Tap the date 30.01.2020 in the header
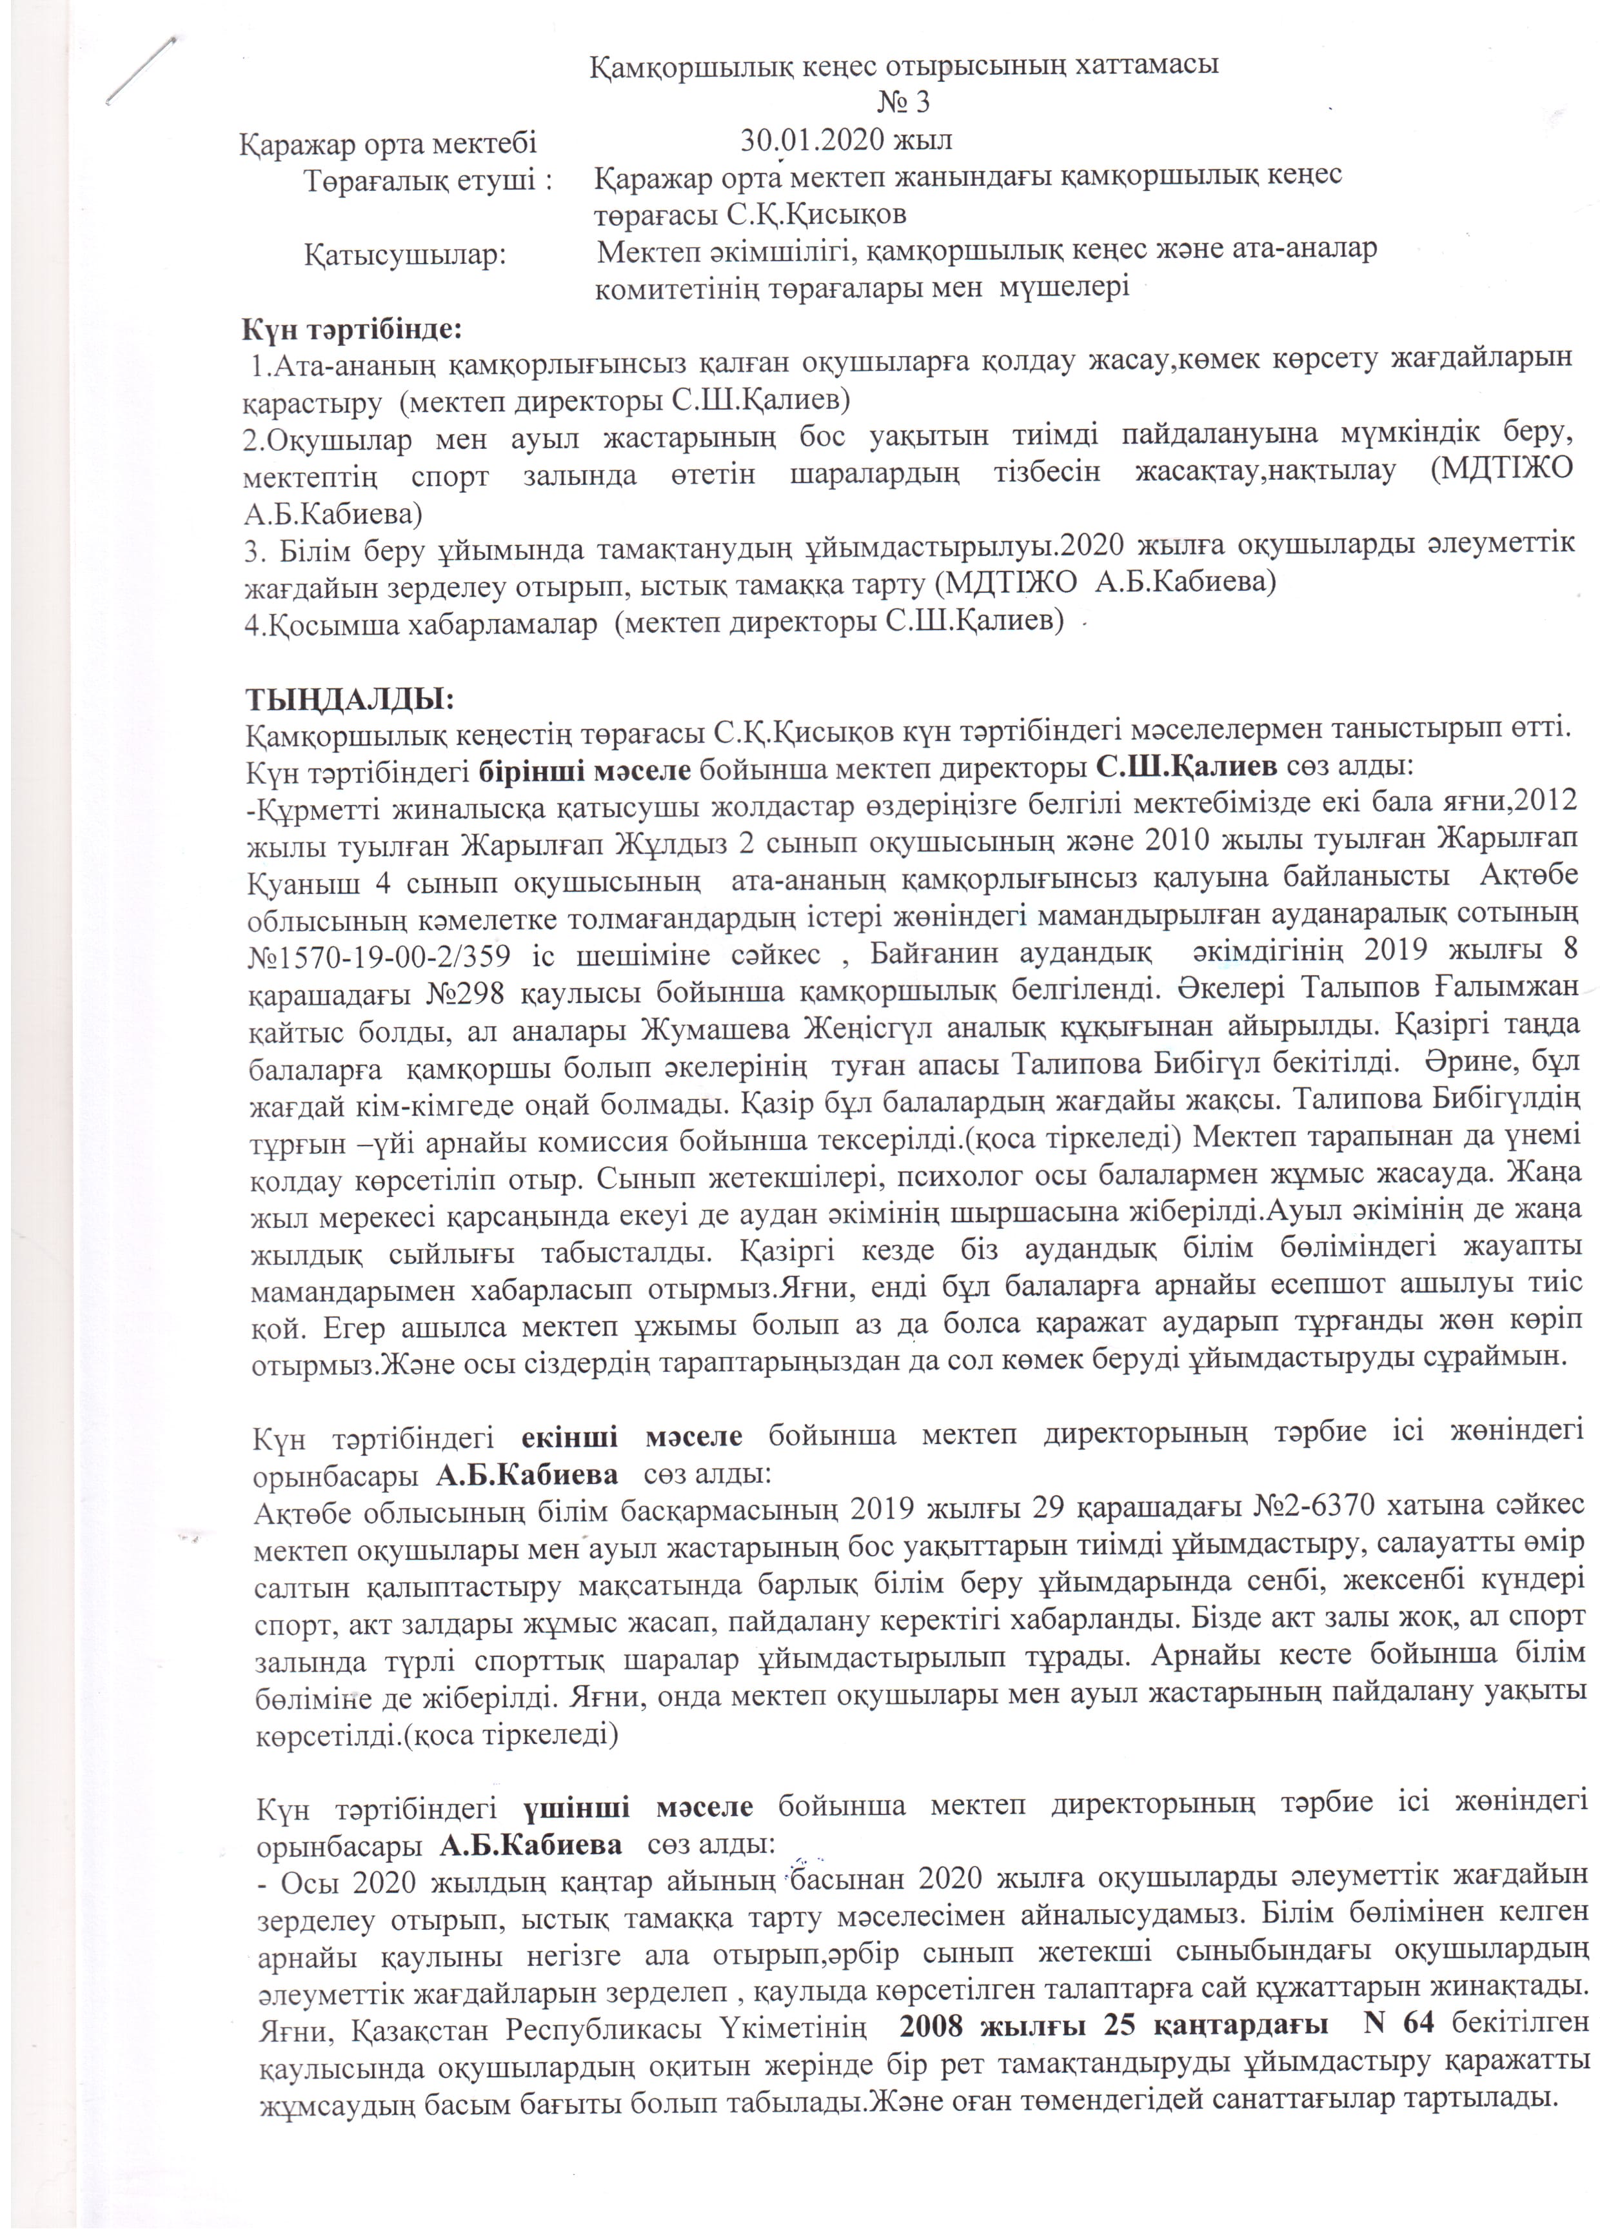[810, 139]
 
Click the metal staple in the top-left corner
[141, 70]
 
